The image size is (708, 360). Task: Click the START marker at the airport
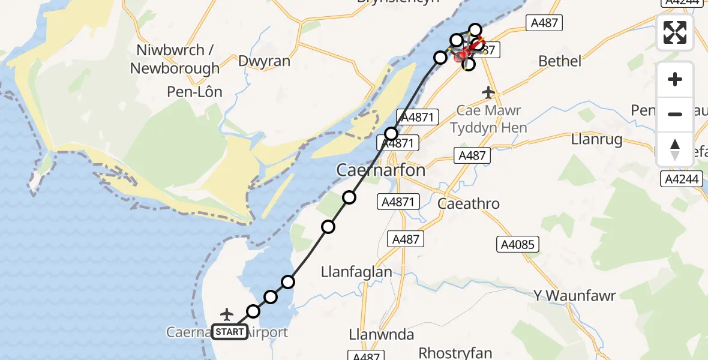[229, 332]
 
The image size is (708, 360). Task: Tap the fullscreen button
[675, 32]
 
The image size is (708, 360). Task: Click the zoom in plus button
[675, 79]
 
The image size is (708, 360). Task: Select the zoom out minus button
[675, 114]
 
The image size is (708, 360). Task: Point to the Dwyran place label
[264, 61]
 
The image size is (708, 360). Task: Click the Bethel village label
[560, 61]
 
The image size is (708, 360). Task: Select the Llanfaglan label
[356, 272]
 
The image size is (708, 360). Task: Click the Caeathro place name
[469, 203]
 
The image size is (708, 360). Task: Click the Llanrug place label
[596, 140]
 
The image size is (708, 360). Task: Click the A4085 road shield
[518, 244]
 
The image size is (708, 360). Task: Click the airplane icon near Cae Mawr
[488, 92]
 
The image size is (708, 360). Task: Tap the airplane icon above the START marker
[227, 314]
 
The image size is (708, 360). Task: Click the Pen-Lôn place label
[196, 92]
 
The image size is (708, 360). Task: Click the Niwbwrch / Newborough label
[175, 59]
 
